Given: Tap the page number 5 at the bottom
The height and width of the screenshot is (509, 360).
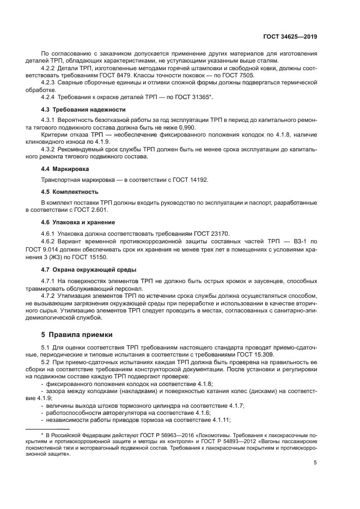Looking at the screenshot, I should click(315, 463).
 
